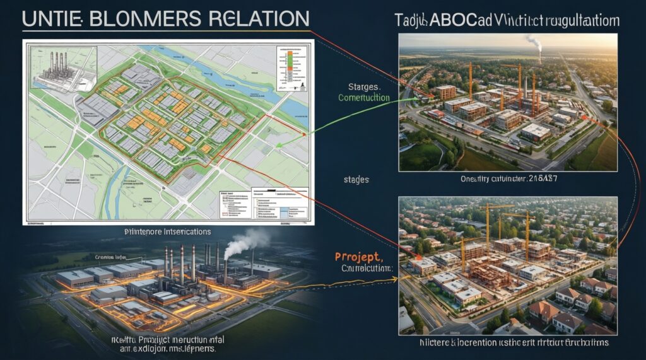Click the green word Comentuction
point(364,98)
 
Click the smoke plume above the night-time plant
point(247,241)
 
